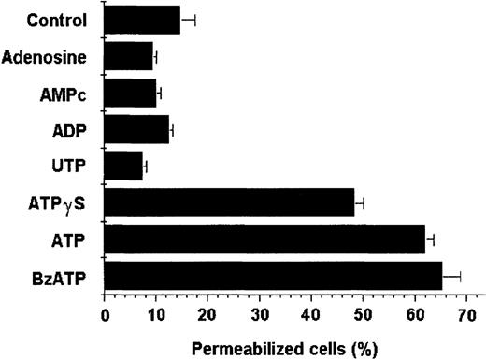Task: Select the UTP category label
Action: click(x=72, y=166)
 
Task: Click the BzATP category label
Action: click(x=63, y=277)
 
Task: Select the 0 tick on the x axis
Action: click(x=105, y=315)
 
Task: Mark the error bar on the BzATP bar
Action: click(x=451, y=276)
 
